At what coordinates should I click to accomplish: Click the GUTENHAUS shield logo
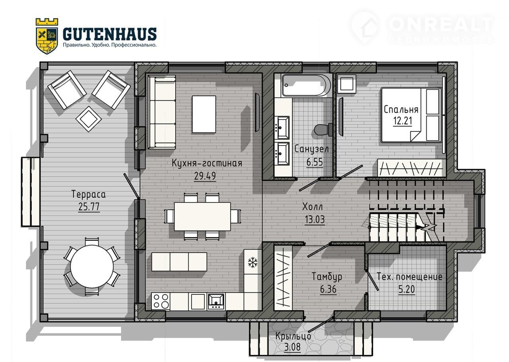tap(47, 36)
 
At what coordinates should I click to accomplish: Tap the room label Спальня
tap(401, 110)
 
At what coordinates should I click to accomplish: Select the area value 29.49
tap(205, 176)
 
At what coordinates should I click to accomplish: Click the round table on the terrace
tap(92, 267)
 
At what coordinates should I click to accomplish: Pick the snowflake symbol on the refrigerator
tap(253, 262)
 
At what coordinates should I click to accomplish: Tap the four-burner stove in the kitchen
tap(161, 301)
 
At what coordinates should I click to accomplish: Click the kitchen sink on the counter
tap(216, 301)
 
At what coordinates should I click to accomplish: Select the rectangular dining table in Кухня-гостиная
tap(202, 216)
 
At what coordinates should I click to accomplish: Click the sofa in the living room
tap(162, 112)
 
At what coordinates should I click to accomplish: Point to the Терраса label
tap(89, 194)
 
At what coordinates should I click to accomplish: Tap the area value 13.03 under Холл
tap(315, 220)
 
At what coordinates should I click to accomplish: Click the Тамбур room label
tap(327, 276)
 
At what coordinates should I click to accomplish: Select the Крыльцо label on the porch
tap(293, 336)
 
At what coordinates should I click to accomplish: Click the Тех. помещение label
tap(410, 277)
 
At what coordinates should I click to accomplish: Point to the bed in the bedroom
tap(412, 115)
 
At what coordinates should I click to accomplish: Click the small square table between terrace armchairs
tap(88, 119)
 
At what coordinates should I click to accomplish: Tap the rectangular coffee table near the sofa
tap(204, 114)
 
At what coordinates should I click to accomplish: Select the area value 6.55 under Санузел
tap(315, 162)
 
